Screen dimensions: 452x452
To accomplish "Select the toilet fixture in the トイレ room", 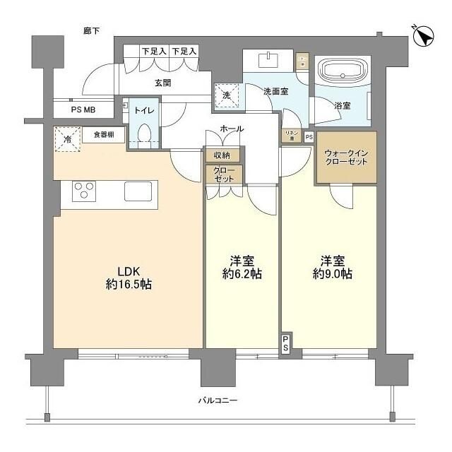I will [145, 133].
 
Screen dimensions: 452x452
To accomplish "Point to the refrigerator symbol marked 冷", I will [67, 140].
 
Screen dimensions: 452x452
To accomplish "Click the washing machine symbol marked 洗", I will [227, 94].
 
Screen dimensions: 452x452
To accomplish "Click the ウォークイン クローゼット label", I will [345, 157].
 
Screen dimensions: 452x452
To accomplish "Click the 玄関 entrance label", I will [164, 83].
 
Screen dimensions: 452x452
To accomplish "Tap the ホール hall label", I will [232, 129].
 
